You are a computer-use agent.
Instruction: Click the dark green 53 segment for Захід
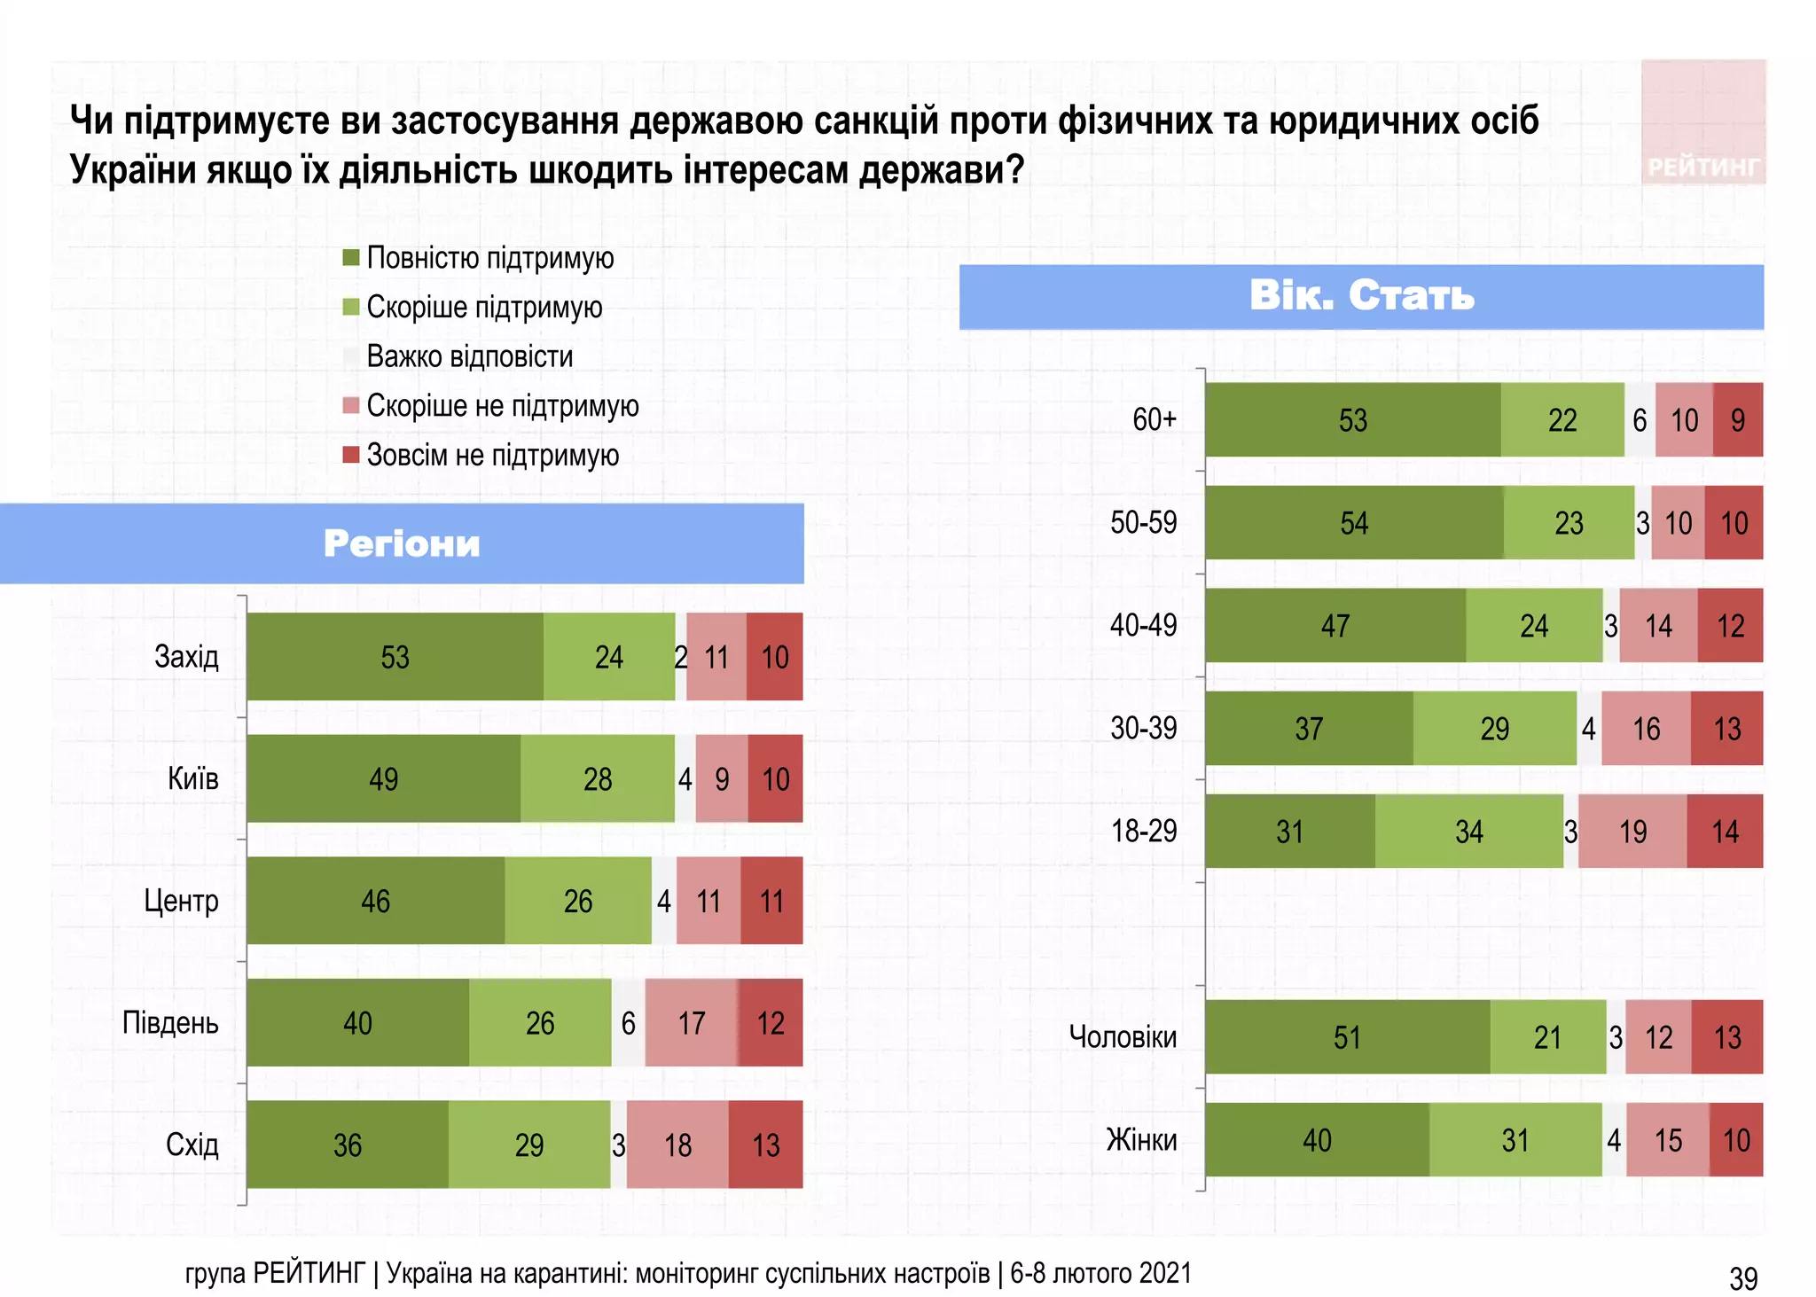[x=395, y=656]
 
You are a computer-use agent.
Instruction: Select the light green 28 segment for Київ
[x=597, y=778]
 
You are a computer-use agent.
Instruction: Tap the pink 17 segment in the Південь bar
[x=691, y=1022]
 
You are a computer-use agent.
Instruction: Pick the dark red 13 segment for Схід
[x=765, y=1145]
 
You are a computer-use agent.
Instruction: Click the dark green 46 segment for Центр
[x=375, y=901]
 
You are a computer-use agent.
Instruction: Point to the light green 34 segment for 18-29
[x=1468, y=831]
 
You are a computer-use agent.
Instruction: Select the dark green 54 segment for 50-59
[x=1354, y=522]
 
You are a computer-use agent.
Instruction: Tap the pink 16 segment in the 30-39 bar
[x=1646, y=728]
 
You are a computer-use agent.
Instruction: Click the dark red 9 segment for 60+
[x=1737, y=419]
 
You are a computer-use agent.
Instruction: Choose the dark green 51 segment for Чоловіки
[x=1347, y=1036]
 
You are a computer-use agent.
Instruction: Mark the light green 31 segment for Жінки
[x=1515, y=1139]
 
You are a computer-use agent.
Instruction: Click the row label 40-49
[x=1143, y=625]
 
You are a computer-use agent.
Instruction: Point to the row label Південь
[x=170, y=1022]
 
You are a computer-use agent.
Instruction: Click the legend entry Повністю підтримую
[x=489, y=258]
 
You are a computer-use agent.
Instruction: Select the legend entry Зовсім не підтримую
[x=491, y=455]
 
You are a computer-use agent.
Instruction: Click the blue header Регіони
[x=402, y=543]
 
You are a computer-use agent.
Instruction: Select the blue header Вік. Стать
[x=1361, y=296]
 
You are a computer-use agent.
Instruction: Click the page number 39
[x=1742, y=1277]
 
